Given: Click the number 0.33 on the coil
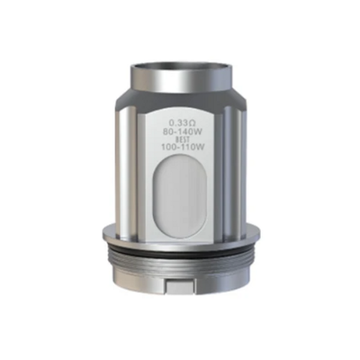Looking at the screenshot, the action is pyautogui.click(x=176, y=124).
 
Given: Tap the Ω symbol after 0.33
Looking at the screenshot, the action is pyautogui.click(x=191, y=124).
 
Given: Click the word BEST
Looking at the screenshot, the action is pyautogui.click(x=182, y=139).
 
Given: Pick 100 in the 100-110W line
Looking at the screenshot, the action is pyautogui.click(x=169, y=147).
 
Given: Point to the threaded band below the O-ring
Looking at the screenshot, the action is pyautogui.click(x=181, y=263).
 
